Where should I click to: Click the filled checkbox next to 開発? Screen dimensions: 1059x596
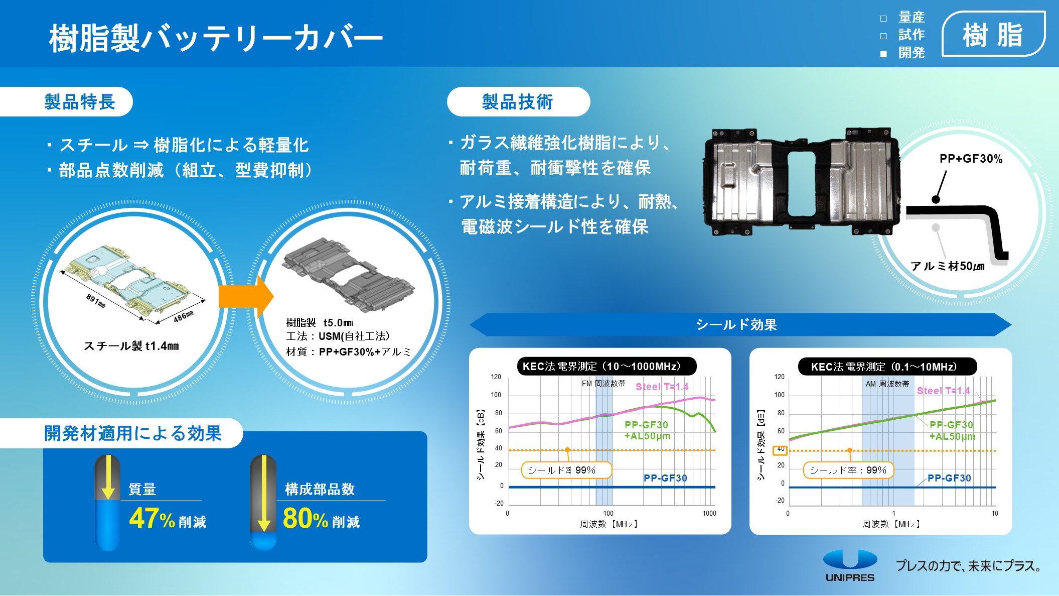coord(883,54)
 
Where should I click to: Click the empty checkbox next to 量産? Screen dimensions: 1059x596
coord(883,19)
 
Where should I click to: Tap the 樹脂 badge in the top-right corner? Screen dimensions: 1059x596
coord(993,34)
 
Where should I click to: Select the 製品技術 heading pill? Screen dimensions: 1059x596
coord(518,102)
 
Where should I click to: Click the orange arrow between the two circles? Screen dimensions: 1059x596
coord(246,297)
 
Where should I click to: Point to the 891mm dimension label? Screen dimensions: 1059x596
coord(95,301)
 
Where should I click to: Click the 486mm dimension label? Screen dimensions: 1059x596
coord(184,316)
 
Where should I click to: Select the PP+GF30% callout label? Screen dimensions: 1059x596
coord(971,159)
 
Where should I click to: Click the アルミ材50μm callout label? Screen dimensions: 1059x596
coord(948,266)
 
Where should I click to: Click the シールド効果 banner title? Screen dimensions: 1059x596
coord(736,325)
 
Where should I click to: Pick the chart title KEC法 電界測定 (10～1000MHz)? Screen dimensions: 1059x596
coord(607,366)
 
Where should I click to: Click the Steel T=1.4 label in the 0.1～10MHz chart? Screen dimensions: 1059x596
coord(943,391)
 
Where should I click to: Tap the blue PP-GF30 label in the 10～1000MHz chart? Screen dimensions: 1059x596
coord(665,478)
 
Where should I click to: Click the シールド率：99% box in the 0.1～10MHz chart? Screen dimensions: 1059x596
coord(848,470)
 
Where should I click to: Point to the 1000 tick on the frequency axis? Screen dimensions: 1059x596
coord(709,513)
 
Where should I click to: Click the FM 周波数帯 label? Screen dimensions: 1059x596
coord(603,384)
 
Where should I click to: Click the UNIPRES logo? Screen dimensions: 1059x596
coord(850,566)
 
